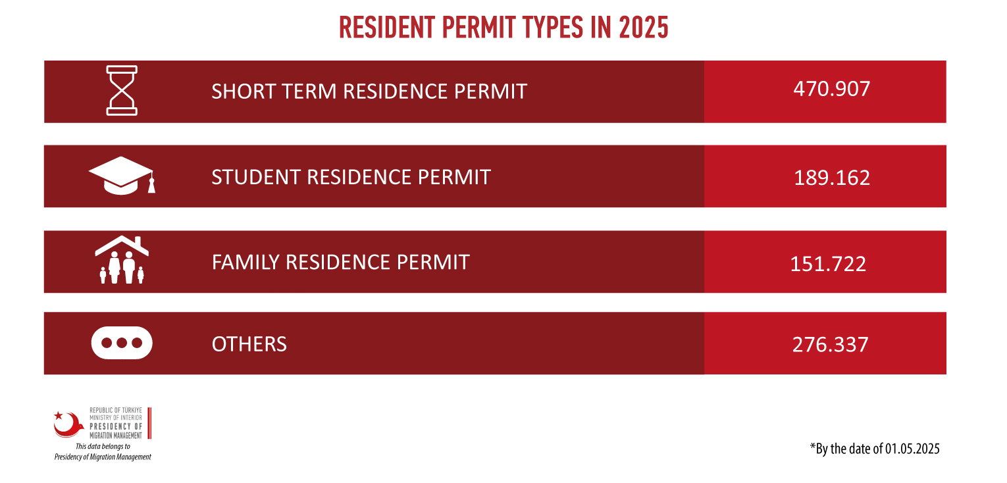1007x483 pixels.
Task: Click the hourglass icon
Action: pos(122,90)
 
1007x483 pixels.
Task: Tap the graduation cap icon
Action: pos(122,176)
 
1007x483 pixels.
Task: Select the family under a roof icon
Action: pos(122,260)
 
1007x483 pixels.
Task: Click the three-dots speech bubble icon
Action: pos(122,343)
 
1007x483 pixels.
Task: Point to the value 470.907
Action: pos(832,89)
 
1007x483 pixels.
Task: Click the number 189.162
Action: pos(832,178)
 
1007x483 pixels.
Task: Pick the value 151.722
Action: pos(828,264)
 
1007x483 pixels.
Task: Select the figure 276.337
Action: pos(831,345)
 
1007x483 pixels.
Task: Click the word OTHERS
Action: pos(249,344)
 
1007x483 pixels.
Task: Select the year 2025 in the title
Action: pos(643,28)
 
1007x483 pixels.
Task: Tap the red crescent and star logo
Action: pos(68,424)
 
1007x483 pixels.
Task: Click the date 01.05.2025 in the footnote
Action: pos(912,448)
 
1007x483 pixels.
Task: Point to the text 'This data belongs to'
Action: pos(103,446)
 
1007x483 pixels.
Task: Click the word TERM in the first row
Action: pos(309,91)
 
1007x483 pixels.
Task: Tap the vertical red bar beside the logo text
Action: pos(149,423)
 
